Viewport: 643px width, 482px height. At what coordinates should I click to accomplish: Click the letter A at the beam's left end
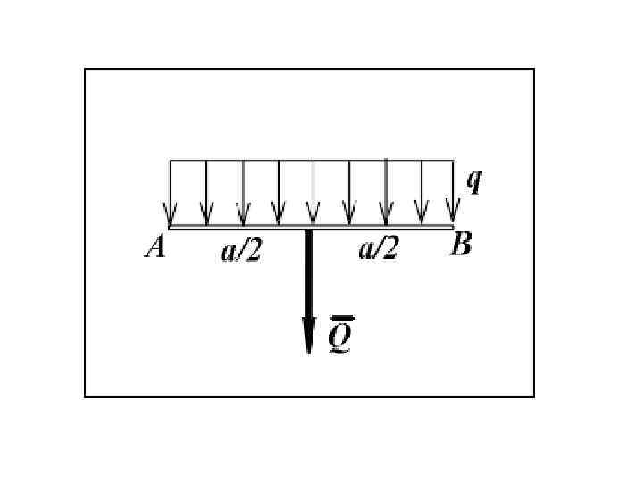[x=155, y=246]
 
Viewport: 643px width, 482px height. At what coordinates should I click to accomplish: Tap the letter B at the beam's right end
[x=461, y=245]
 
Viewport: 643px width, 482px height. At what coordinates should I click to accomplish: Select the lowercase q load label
[x=474, y=181]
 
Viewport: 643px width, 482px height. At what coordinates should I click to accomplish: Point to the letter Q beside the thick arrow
[x=339, y=337]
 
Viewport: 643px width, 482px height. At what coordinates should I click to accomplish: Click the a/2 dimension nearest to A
[x=241, y=252]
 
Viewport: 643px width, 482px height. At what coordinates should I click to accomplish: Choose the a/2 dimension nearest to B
[x=378, y=249]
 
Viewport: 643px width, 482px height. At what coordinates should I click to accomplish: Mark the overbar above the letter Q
[x=340, y=319]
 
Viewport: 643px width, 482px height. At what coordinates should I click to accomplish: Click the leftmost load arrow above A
[x=170, y=193]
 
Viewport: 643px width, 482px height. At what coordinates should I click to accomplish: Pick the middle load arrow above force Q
[x=313, y=193]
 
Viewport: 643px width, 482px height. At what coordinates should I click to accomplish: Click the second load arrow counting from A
[x=206, y=193]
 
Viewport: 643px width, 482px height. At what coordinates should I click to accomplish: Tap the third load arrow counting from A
[x=242, y=193]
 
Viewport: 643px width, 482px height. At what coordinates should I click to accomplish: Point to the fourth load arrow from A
[x=278, y=193]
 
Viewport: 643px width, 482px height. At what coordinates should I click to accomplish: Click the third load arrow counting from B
[x=385, y=193]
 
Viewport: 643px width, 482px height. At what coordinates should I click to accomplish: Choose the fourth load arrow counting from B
[x=349, y=193]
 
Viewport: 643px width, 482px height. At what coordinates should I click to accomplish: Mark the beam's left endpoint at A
[x=170, y=228]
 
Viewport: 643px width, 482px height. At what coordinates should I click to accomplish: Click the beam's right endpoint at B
[x=453, y=228]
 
